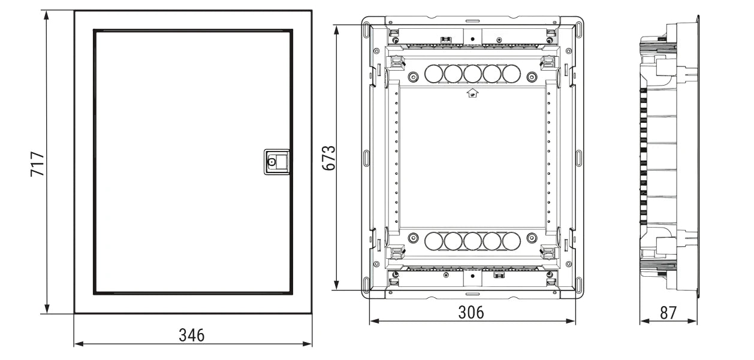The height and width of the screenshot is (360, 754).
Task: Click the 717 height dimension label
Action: click(37, 164)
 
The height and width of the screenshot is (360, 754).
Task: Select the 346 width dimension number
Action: click(192, 335)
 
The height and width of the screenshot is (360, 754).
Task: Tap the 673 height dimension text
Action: click(329, 158)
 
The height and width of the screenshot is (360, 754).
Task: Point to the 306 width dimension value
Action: click(471, 312)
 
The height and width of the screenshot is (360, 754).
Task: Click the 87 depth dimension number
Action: click(668, 313)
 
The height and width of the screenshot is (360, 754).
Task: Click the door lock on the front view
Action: click(277, 162)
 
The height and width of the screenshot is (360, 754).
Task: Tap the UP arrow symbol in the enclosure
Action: click(472, 93)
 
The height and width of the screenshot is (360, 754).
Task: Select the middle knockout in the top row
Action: click(472, 74)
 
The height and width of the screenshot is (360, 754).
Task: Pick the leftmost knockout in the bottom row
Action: click(433, 241)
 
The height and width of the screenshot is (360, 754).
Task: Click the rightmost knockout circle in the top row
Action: click(511, 74)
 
